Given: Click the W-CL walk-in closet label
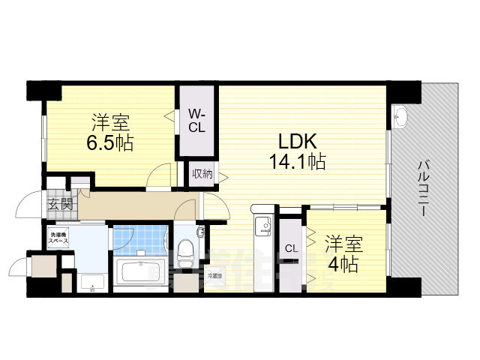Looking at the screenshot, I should click(196, 120).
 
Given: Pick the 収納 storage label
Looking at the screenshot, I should click(201, 175).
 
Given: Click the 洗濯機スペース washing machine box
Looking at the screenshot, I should click(59, 238).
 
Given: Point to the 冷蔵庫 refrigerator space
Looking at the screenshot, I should click(215, 276).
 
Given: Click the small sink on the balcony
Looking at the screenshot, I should click(399, 116).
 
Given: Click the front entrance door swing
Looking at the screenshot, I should click(31, 204).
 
